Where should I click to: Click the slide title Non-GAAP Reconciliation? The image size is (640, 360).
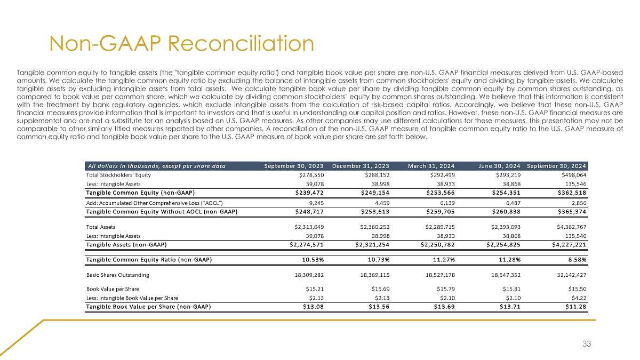click(x=181, y=43)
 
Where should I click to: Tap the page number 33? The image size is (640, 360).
click(x=587, y=344)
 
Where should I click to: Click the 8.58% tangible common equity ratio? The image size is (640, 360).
click(x=575, y=260)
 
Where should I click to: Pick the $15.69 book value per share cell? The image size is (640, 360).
click(x=379, y=289)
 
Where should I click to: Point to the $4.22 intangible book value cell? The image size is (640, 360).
click(x=578, y=298)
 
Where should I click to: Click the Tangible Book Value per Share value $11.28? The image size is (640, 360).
click(x=575, y=306)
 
